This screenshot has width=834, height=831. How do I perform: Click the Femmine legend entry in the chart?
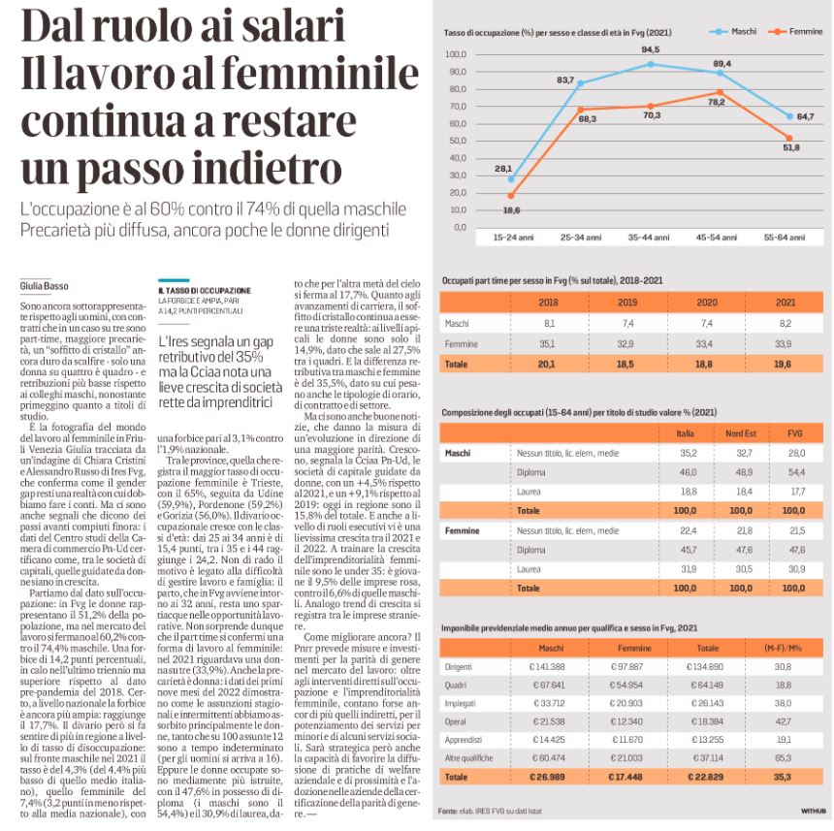coord(796,32)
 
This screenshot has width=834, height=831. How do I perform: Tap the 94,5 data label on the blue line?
coord(650,49)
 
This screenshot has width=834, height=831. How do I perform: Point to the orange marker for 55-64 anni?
coord(789,139)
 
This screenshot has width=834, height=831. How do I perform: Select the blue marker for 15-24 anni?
coord(511,179)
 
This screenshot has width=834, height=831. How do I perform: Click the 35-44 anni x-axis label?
coord(649,238)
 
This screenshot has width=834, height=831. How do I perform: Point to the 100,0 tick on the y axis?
coord(456,54)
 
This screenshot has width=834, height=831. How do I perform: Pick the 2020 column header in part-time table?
coord(707,303)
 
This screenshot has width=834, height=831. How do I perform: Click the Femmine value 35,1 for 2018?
coord(547,344)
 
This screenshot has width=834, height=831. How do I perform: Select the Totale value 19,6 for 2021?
coord(783,365)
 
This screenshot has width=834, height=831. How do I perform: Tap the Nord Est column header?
coord(741,433)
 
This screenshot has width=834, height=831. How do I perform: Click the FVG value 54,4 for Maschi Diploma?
coord(797,472)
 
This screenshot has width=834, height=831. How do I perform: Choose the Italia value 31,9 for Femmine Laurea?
coord(689,569)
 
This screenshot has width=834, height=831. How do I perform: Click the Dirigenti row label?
coord(459,667)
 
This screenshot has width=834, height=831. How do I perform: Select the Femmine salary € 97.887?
coord(627,667)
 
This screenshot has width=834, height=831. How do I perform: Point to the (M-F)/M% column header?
coord(783,648)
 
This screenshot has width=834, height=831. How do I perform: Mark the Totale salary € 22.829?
coord(705,777)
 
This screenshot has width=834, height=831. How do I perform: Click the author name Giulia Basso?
coord(45,286)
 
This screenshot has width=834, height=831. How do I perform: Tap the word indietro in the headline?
coord(267,168)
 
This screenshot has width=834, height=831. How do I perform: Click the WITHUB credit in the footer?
coord(814,811)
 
